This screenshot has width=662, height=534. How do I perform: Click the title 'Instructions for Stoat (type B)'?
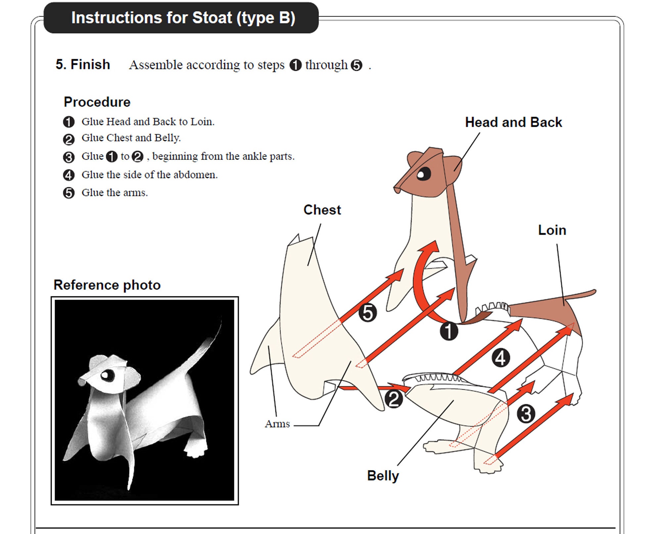[x=183, y=18]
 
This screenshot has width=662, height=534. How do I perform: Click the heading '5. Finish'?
[x=83, y=65]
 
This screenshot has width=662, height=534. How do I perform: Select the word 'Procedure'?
[x=97, y=102]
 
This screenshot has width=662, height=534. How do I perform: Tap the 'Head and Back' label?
[x=513, y=122]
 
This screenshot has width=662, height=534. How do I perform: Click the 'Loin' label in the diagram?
[x=552, y=230]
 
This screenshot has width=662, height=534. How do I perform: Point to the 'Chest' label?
[x=322, y=210]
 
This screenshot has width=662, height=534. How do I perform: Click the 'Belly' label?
[x=383, y=476]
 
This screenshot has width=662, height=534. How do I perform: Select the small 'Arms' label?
[x=277, y=424]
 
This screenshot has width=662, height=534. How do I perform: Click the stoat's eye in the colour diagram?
[x=423, y=174]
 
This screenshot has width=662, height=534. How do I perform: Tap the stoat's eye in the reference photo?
[x=107, y=375]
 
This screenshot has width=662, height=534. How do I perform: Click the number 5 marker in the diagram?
[x=368, y=313]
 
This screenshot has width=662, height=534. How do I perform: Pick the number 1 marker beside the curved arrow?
[x=449, y=331]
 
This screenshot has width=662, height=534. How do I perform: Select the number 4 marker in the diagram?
[x=500, y=358]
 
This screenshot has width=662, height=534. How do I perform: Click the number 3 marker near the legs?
[x=526, y=414]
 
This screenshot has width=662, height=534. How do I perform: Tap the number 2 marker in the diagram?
[x=394, y=399]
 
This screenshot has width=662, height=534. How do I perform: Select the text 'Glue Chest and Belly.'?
[x=131, y=138]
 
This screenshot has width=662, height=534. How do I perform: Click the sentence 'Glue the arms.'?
[x=115, y=193]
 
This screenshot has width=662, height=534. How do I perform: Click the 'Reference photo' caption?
[x=107, y=285]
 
